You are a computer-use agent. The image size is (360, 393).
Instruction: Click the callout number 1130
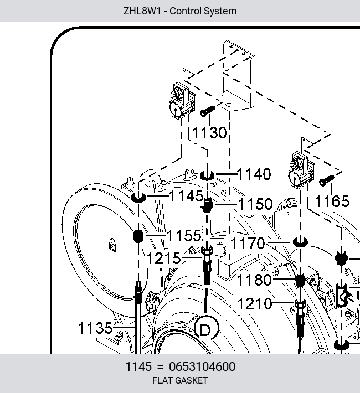click(209, 133)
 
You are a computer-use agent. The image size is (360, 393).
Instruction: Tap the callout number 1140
click(254, 174)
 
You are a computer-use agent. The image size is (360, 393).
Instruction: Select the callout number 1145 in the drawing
click(187, 196)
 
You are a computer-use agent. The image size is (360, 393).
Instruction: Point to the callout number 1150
click(255, 204)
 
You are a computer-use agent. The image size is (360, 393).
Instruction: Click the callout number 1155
click(184, 236)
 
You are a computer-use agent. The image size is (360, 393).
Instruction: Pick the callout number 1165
click(332, 201)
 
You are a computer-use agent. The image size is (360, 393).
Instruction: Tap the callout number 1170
click(248, 244)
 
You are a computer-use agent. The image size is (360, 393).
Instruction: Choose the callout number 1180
click(254, 280)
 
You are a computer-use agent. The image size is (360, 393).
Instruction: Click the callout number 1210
click(255, 304)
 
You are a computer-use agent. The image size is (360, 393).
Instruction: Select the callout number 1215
click(164, 258)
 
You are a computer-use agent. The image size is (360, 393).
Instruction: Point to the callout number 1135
click(96, 328)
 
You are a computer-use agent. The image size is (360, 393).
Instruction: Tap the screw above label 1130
click(208, 111)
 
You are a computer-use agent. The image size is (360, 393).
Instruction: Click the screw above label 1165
click(327, 180)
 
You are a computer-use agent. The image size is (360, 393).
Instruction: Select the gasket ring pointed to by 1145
click(138, 198)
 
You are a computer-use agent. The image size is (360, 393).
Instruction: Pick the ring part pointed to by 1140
click(207, 175)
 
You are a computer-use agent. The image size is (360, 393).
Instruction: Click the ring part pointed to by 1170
click(300, 242)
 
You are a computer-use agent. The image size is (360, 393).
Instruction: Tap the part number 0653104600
click(202, 366)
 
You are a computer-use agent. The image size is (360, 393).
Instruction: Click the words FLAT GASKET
click(180, 380)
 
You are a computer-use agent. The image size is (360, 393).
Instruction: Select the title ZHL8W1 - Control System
click(180, 11)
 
